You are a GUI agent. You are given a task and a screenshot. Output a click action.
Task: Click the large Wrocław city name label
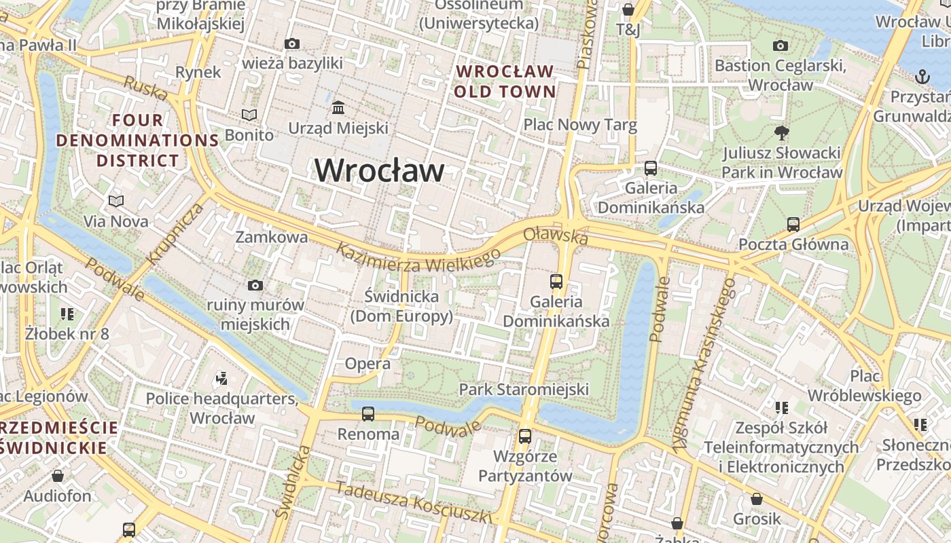coord(379,170)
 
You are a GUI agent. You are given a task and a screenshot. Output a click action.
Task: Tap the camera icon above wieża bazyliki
coord(292,44)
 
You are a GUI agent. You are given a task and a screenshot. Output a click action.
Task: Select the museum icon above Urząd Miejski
coord(338,108)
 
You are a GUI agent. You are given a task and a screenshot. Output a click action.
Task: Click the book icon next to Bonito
coord(250,115)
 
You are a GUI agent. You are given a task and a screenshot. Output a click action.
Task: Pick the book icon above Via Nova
coord(116,202)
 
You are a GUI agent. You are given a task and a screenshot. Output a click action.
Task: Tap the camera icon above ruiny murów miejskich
coord(255,285)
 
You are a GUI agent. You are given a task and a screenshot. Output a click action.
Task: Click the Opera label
coord(367,364)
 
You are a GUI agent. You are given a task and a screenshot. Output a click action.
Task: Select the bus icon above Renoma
coord(368,413)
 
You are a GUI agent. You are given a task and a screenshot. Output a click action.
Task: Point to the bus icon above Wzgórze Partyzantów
coord(525,436)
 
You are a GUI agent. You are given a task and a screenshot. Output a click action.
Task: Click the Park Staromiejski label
coord(524,390)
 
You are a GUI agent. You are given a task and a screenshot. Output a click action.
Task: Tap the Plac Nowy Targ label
coord(580,125)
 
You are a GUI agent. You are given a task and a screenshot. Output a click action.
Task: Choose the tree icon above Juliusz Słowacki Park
coord(782,133)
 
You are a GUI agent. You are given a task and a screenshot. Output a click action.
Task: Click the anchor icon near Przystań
coord(922,76)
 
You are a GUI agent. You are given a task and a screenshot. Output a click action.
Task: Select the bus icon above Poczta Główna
coord(793,225)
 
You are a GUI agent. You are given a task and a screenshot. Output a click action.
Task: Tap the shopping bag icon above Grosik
coord(757,500)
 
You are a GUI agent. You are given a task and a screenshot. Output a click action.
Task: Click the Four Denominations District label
coord(137,141)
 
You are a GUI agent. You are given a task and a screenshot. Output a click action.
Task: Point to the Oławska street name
coord(556,236)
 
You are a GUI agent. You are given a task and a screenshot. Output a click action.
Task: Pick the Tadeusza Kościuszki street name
coord(413,502)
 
